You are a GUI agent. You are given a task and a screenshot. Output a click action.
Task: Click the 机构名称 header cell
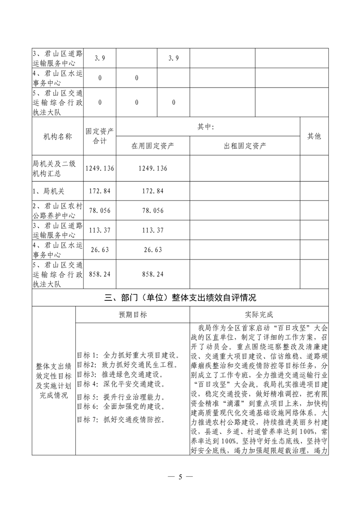[58, 136]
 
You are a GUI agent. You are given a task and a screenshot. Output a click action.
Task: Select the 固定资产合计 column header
[100, 136]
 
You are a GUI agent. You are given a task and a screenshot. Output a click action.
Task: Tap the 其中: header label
[208, 127]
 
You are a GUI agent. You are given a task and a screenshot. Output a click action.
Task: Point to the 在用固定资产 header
[153, 146]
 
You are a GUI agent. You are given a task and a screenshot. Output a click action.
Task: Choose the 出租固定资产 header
[245, 146]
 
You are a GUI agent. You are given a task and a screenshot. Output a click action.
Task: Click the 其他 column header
[314, 136]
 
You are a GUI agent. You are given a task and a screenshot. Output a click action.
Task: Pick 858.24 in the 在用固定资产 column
[153, 274]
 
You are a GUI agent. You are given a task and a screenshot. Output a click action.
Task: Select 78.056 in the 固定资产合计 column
[100, 211]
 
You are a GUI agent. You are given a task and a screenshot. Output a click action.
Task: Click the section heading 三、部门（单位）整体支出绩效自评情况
[180, 298]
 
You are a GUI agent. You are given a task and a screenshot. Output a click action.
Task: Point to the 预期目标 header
[133, 314]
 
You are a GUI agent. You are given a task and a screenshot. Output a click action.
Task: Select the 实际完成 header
[259, 314]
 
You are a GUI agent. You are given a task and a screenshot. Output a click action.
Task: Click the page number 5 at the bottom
[180, 477]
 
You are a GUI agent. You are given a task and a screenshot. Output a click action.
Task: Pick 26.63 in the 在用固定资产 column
[153, 250]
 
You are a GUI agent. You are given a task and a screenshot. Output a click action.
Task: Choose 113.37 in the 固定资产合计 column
[100, 230]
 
